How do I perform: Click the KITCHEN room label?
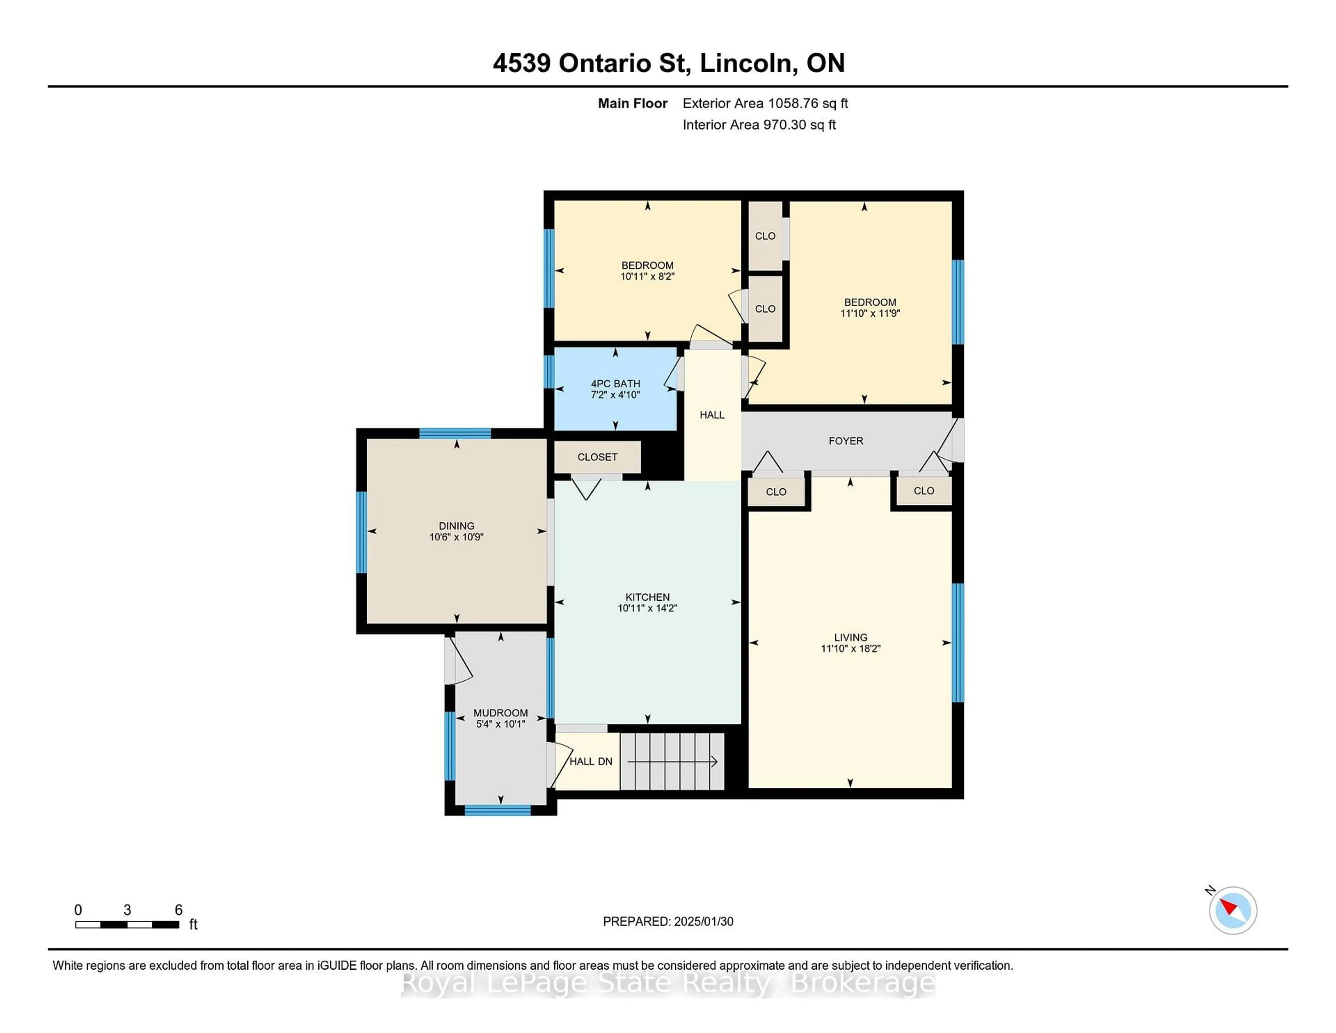tap(647, 597)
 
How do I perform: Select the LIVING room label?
tap(850, 637)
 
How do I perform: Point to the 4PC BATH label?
tap(615, 384)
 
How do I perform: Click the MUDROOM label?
tap(500, 713)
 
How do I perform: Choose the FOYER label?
tap(846, 441)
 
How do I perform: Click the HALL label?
tap(712, 415)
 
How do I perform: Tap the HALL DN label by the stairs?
tap(590, 761)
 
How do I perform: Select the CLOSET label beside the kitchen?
tap(597, 457)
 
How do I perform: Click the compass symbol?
tap(1233, 910)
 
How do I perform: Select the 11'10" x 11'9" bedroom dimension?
tap(870, 313)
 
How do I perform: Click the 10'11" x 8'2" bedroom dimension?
tap(647, 277)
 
